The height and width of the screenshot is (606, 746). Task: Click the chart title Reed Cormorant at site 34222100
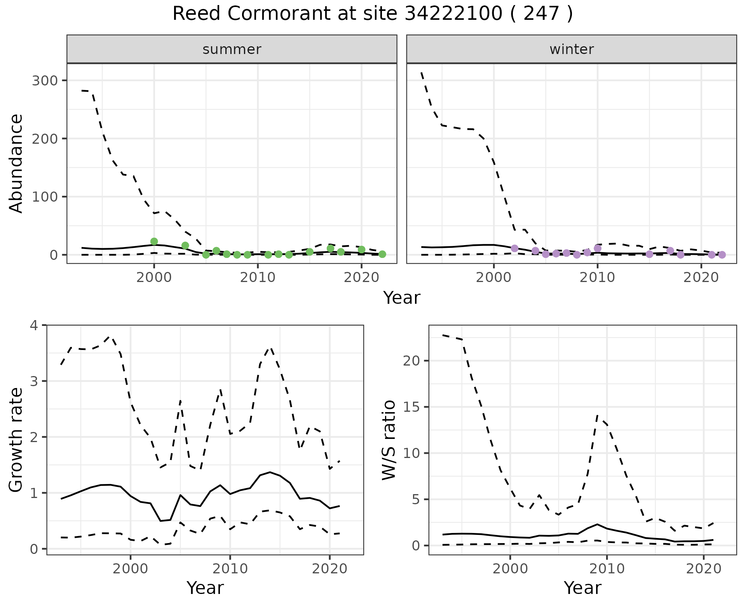click(x=372, y=14)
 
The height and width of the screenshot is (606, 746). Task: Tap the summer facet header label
click(x=232, y=49)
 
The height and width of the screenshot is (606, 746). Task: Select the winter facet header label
click(x=571, y=49)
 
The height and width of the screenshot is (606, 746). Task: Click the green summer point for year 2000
click(x=154, y=242)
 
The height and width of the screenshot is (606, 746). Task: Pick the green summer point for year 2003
click(x=185, y=246)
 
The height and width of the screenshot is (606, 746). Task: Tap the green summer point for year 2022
click(x=382, y=254)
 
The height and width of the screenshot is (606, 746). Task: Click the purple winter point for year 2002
click(x=514, y=248)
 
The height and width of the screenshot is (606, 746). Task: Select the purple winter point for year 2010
click(x=598, y=248)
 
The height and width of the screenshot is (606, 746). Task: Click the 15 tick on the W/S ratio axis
click(x=411, y=407)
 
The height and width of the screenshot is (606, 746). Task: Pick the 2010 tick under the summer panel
click(x=258, y=278)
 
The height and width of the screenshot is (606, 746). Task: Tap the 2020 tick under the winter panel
click(x=701, y=278)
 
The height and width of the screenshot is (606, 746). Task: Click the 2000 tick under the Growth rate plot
click(x=131, y=569)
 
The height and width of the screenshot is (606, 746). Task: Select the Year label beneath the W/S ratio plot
click(x=582, y=588)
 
